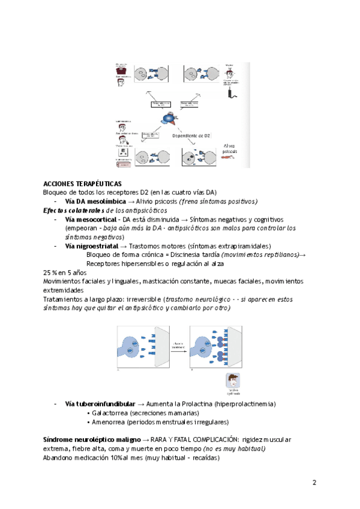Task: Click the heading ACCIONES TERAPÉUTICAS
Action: (x=82, y=183)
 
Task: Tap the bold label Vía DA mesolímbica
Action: (x=95, y=202)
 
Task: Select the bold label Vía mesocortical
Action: (x=91, y=220)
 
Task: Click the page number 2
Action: (x=314, y=483)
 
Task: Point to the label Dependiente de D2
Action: (x=191, y=136)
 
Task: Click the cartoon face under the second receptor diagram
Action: (x=233, y=381)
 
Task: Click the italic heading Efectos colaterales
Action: (x=69, y=211)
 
